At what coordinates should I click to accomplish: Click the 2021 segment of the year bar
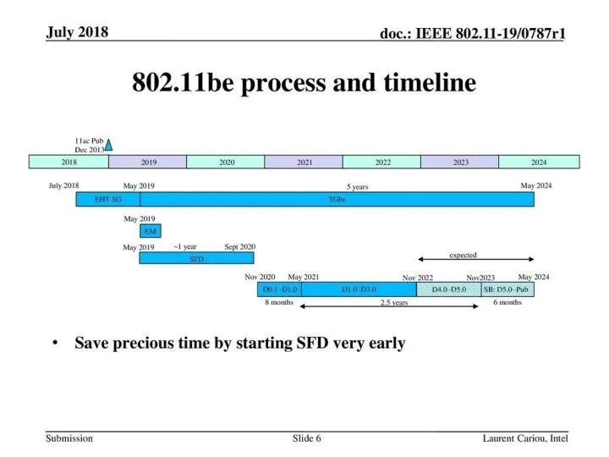pyautogui.click(x=304, y=162)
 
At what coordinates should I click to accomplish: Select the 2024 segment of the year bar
pyautogui.click(x=539, y=162)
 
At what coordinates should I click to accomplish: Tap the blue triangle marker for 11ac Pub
pyautogui.click(x=109, y=145)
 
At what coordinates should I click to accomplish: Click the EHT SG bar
pyautogui.click(x=108, y=200)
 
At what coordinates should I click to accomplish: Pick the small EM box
pyautogui.click(x=151, y=231)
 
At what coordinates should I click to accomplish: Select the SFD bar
pyautogui.click(x=196, y=258)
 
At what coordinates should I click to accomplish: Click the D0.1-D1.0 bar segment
pyautogui.click(x=279, y=289)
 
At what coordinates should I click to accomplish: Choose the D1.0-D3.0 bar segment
pyautogui.click(x=359, y=289)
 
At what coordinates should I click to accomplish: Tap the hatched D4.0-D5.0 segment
pyautogui.click(x=449, y=289)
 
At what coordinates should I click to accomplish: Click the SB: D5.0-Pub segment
pyautogui.click(x=507, y=289)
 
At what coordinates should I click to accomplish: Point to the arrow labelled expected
pyautogui.click(x=475, y=259)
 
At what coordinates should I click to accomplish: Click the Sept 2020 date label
pyautogui.click(x=239, y=247)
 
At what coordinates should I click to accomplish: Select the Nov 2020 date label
pyautogui.click(x=260, y=277)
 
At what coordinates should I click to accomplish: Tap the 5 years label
pyautogui.click(x=357, y=187)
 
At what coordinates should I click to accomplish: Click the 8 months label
pyautogui.click(x=279, y=302)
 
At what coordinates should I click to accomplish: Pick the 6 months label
pyautogui.click(x=507, y=302)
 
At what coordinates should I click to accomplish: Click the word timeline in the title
pyautogui.click(x=430, y=82)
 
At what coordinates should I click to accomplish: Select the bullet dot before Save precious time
pyautogui.click(x=55, y=343)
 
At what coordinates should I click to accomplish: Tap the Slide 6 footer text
pyautogui.click(x=307, y=438)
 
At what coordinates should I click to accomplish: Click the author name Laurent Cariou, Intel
pyautogui.click(x=525, y=438)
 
